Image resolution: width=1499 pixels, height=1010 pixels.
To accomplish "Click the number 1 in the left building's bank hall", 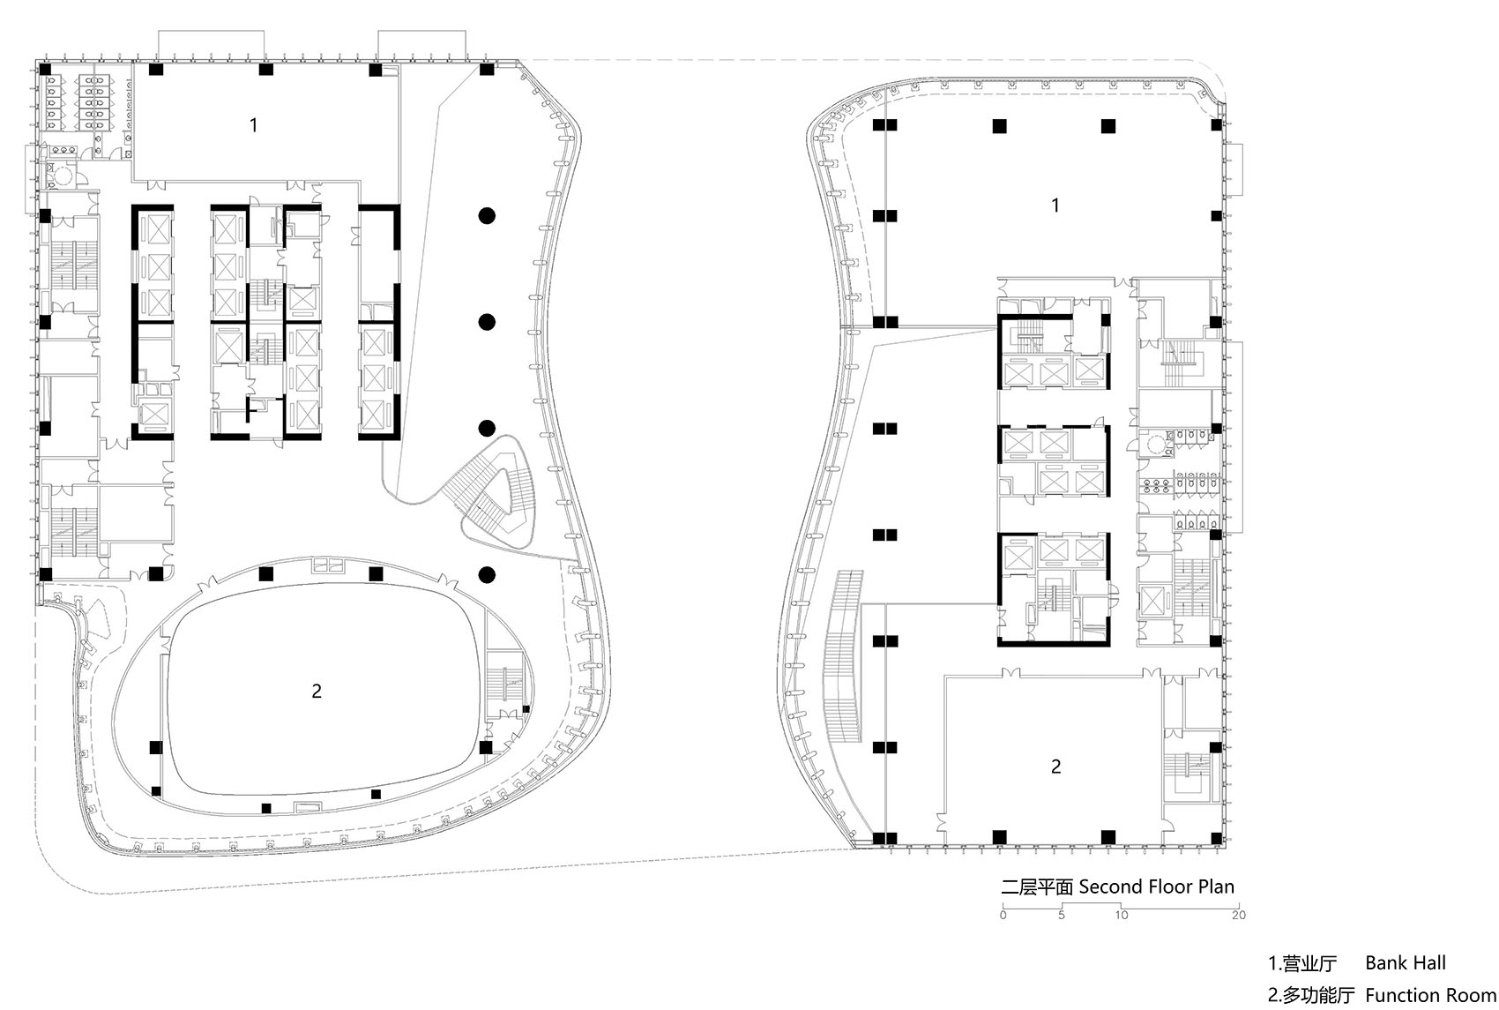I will click(254, 125).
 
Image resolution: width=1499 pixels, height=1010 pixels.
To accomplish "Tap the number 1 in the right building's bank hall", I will click(1055, 206).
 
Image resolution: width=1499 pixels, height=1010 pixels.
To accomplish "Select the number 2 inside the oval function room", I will click(317, 692).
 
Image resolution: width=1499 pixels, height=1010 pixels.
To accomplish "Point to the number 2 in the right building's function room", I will click(1056, 767).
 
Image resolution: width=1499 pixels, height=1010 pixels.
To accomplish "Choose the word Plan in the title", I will click(1215, 887).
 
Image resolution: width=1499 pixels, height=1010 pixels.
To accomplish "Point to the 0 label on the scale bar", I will click(1003, 915).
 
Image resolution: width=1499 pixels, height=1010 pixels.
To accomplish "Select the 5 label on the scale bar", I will click(1062, 915).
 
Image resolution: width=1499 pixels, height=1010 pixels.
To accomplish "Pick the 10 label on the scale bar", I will click(1121, 915).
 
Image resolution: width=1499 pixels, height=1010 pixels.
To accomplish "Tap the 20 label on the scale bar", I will click(1238, 915).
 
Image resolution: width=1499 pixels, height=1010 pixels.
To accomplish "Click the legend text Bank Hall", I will click(1406, 963).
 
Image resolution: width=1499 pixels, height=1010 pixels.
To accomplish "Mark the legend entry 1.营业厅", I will click(1302, 963).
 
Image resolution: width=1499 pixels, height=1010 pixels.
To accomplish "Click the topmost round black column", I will click(486, 215).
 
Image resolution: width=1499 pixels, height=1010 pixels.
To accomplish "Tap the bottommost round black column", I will click(486, 575).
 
